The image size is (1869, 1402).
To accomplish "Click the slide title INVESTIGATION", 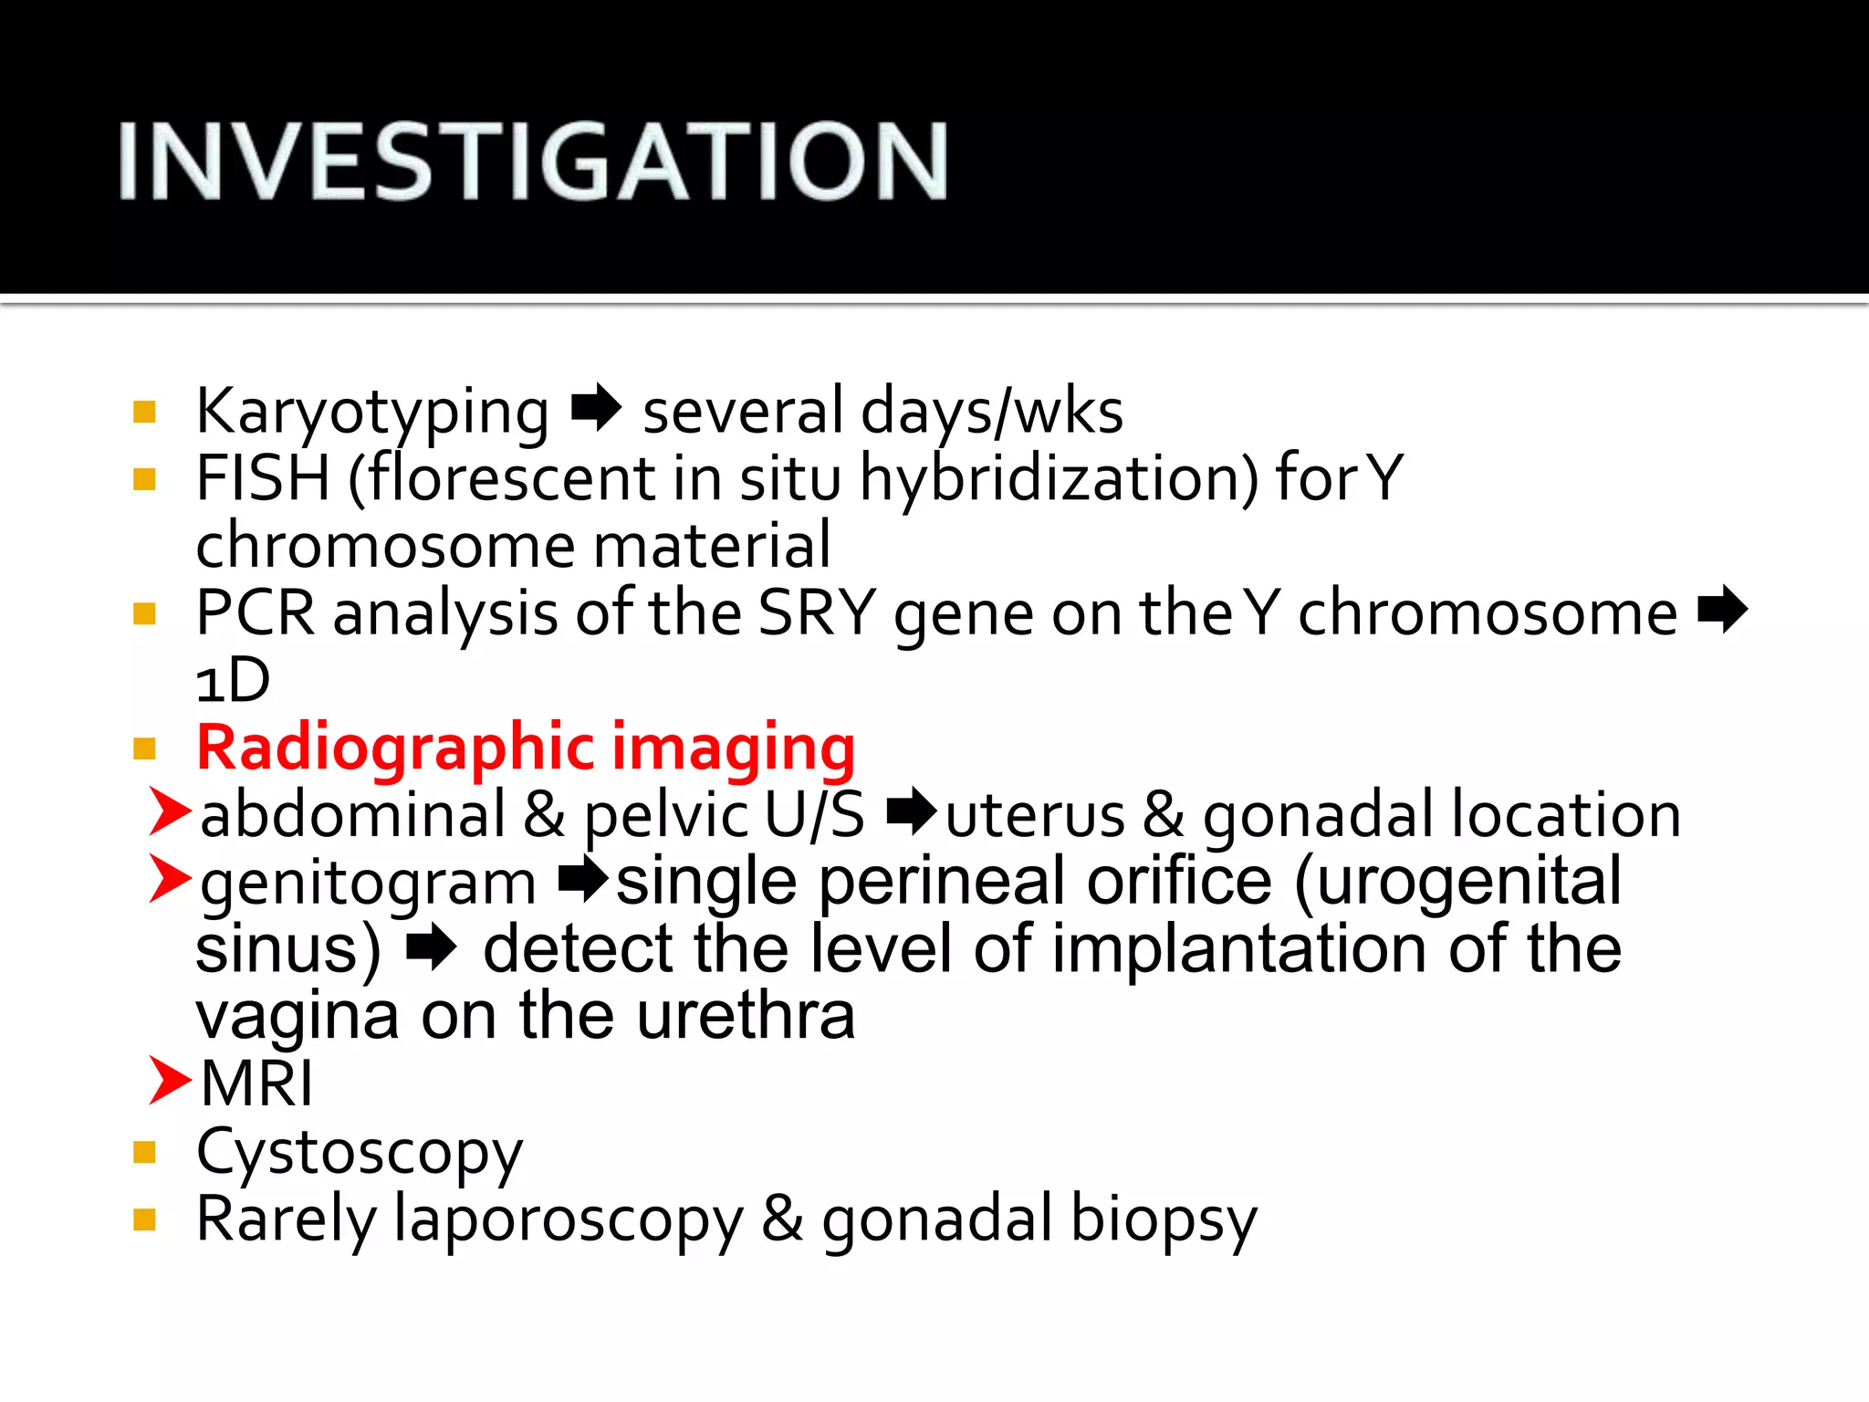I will click(x=533, y=162).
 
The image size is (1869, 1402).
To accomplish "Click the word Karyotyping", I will click(x=372, y=413).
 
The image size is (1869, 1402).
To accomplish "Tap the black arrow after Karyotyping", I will click(x=596, y=408).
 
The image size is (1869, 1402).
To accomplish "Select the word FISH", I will click(x=263, y=479).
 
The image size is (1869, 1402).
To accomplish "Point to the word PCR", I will click(x=255, y=612).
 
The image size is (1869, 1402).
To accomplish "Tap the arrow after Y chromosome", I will click(x=1722, y=610).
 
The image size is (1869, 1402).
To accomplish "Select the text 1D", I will click(x=234, y=680).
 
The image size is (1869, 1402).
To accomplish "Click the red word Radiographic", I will click(x=395, y=748).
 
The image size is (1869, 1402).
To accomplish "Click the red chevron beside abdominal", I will click(x=170, y=811).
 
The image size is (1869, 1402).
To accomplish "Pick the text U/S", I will click(x=814, y=814).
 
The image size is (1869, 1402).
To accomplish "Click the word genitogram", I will click(x=368, y=884).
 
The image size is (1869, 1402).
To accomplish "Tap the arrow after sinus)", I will click(x=431, y=947).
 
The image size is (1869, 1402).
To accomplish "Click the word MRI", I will click(x=256, y=1083).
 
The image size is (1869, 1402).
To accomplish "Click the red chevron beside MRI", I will click(x=170, y=1080).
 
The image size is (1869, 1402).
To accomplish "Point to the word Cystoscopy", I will click(x=360, y=1153).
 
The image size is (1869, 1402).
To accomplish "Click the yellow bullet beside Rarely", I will click(x=144, y=1219).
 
